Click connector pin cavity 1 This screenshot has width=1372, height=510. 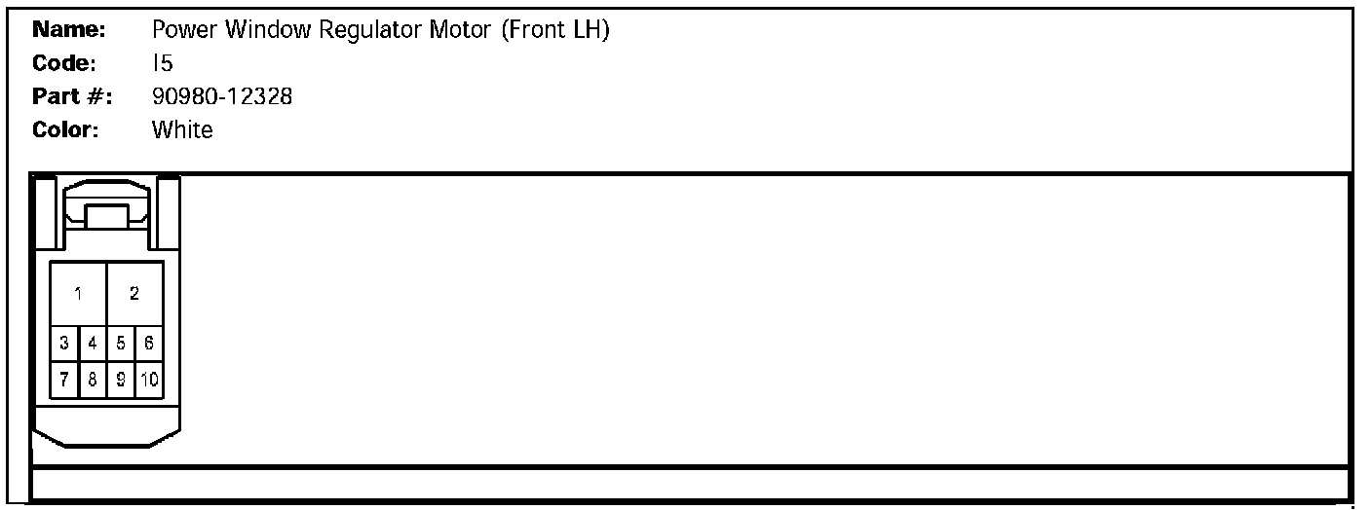[x=78, y=294]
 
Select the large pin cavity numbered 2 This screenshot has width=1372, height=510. [x=134, y=294]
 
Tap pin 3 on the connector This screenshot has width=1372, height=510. [x=64, y=343]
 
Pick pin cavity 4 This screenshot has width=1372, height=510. [x=93, y=343]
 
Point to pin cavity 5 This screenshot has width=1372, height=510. [x=121, y=343]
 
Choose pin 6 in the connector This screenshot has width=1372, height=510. [x=149, y=343]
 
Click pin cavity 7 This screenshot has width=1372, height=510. [x=64, y=380]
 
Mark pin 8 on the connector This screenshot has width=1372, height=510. [x=93, y=380]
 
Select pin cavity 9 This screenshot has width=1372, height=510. [x=121, y=380]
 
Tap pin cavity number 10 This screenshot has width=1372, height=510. [x=149, y=380]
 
